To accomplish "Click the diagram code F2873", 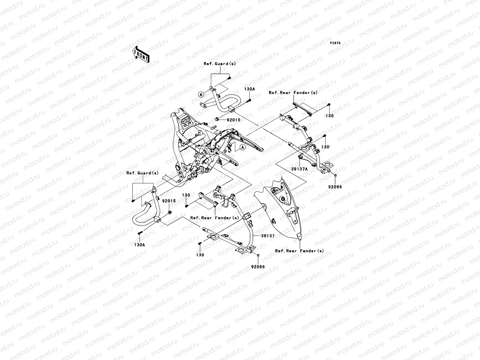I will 335,43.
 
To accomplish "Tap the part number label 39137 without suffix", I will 268,236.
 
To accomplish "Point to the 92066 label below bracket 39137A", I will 335,187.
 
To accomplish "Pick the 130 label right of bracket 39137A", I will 325,147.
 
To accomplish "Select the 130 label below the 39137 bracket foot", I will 200,255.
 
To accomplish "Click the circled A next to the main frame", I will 242,147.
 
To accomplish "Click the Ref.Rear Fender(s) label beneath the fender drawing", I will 299,251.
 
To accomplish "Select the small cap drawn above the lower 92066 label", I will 258,255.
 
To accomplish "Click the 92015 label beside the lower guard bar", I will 169,201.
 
